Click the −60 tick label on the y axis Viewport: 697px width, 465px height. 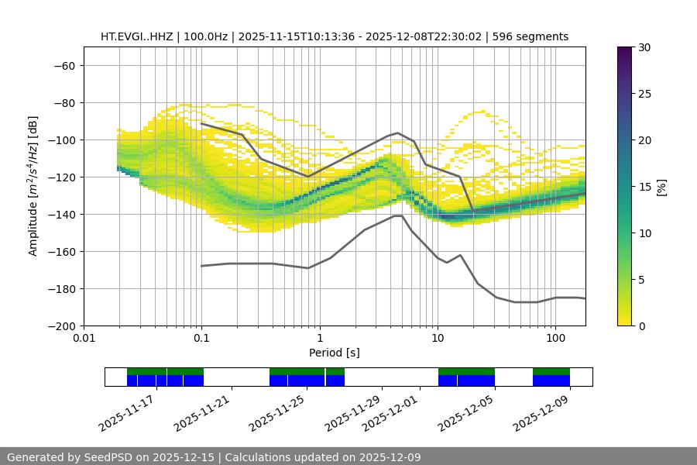click(64, 65)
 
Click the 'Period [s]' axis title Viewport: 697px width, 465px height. click(335, 353)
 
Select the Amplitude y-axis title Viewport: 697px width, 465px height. click(33, 186)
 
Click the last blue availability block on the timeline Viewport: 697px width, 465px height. click(551, 381)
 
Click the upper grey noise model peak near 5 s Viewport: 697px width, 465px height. click(398, 133)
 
